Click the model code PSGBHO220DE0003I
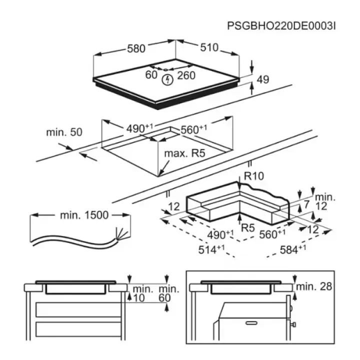[281, 26]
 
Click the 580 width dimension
[136, 48]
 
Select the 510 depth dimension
[209, 47]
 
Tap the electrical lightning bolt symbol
[167, 80]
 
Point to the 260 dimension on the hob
[186, 75]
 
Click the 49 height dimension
[262, 79]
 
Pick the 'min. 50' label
[64, 132]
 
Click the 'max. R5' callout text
[185, 153]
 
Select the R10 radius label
[254, 176]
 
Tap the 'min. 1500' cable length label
[84, 215]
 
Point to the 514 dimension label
[211, 249]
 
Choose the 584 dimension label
[293, 249]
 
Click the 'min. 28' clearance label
[314, 286]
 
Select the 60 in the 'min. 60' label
[164, 298]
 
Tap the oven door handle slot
[251, 323]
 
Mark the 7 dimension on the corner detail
[306, 204]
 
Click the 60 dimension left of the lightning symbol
[151, 75]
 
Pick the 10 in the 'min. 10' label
[139, 298]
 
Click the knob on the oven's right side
[293, 324]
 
